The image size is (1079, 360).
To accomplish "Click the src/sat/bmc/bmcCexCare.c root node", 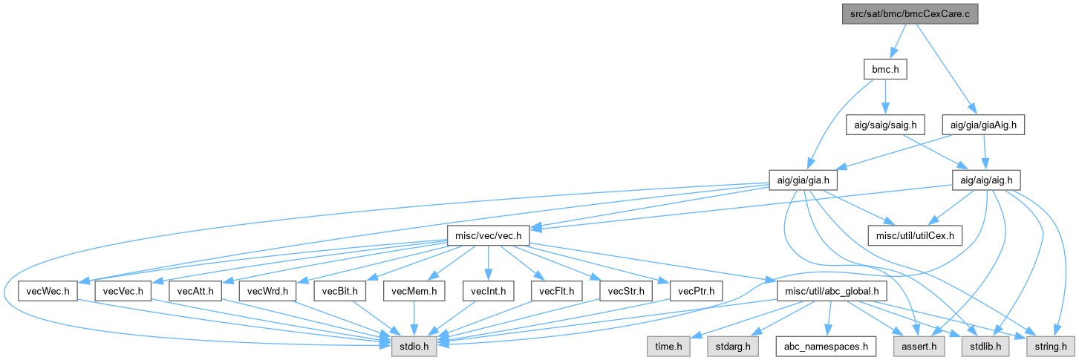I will [x=910, y=15].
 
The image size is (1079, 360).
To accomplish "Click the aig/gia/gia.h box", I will [x=804, y=180].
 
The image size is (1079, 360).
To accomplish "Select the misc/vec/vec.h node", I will [x=487, y=236].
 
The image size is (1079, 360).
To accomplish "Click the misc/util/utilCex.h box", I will [x=916, y=236].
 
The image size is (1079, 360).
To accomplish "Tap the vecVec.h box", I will [x=123, y=291].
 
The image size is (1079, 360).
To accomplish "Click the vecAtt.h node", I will [x=196, y=291].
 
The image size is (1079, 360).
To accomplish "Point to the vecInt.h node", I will [x=487, y=291].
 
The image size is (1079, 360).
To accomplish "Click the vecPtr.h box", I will [x=696, y=291].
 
